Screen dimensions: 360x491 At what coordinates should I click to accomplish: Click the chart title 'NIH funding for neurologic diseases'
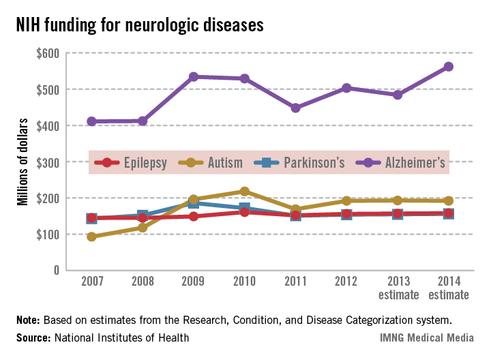coord(140,25)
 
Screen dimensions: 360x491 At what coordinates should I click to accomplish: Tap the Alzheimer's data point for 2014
coord(449,67)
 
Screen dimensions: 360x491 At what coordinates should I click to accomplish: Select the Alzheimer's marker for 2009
coord(194,77)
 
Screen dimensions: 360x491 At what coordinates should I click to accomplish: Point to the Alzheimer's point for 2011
coord(295,108)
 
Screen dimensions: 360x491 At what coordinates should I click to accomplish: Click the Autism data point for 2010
coord(244,192)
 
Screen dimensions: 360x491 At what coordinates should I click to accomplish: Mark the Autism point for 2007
coord(91,237)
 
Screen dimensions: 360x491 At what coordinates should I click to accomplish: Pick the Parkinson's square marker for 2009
coord(194,203)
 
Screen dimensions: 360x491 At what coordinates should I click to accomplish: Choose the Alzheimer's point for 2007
coord(91,121)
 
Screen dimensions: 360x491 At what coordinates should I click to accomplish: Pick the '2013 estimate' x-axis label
coord(398,288)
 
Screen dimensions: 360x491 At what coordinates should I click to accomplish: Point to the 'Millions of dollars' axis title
coord(23,162)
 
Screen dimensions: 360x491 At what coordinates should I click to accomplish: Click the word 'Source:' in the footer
coord(31,337)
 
